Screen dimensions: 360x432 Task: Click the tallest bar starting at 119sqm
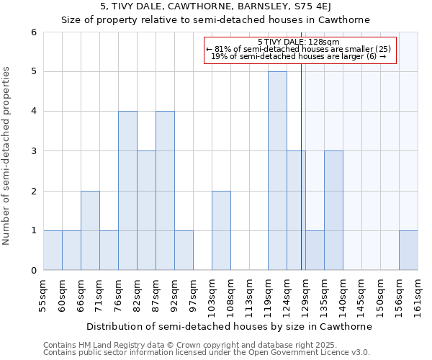pyautogui.click(x=277, y=171)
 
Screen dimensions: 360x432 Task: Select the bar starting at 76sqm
pyautogui.click(x=127, y=190)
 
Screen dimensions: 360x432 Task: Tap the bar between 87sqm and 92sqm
pyautogui.click(x=165, y=190)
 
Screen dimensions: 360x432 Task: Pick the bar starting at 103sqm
pyautogui.click(x=221, y=230)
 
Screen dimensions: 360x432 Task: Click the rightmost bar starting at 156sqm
pyautogui.click(x=408, y=250)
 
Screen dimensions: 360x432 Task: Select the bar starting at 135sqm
pyautogui.click(x=333, y=210)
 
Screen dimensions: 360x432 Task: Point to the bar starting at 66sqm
pyautogui.click(x=90, y=230)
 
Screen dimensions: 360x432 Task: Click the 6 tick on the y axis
pyautogui.click(x=33, y=32)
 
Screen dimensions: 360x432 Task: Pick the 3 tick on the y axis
pyautogui.click(x=33, y=151)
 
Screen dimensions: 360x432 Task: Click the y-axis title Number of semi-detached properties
pyautogui.click(x=7, y=156)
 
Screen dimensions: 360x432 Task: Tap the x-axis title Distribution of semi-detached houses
pyautogui.click(x=228, y=326)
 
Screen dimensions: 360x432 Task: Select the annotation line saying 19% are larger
pyautogui.click(x=299, y=57)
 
